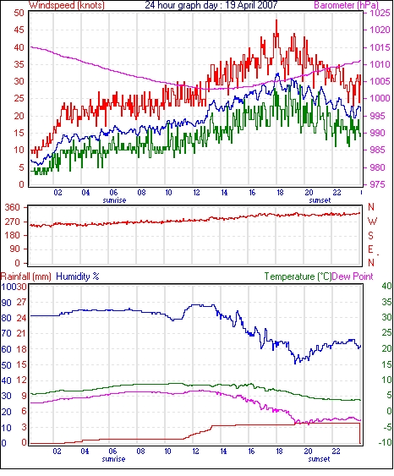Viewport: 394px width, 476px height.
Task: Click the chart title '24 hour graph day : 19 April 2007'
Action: pyautogui.click(x=211, y=5)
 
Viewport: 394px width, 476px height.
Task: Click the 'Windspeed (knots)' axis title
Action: pyautogui.click(x=67, y=5)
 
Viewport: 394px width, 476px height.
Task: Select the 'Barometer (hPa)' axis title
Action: pyautogui.click(x=347, y=5)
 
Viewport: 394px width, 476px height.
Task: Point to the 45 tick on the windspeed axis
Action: pyautogui.click(x=19, y=30)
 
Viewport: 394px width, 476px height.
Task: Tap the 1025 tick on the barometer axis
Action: pyautogui.click(x=380, y=13)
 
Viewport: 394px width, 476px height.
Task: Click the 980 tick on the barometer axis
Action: pyautogui.click(x=378, y=167)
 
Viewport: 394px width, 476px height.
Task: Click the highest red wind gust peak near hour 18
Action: pyautogui.click(x=276, y=20)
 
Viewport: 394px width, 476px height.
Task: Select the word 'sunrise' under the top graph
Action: pyautogui.click(x=114, y=200)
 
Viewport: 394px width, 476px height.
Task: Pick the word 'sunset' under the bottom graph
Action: pyautogui.click(x=319, y=459)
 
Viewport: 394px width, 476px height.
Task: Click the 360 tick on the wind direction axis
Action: pyautogui.click(x=13, y=208)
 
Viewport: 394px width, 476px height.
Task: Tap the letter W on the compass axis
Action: pyautogui.click(x=372, y=222)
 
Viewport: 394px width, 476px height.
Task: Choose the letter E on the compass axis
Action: pyautogui.click(x=370, y=249)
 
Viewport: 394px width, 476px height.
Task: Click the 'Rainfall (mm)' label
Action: pyautogui.click(x=26, y=276)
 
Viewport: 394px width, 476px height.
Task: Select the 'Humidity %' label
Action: pyautogui.click(x=78, y=276)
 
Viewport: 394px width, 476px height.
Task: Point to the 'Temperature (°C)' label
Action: pyautogui.click(x=298, y=276)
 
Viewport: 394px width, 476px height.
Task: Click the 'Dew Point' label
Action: pyautogui.click(x=353, y=276)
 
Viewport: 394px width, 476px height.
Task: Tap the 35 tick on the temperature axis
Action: pyautogui.click(x=386, y=303)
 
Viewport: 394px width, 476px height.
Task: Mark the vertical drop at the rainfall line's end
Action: pyautogui.click(x=360, y=434)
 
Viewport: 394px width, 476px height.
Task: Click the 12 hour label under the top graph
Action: pyautogui.click(x=196, y=193)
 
